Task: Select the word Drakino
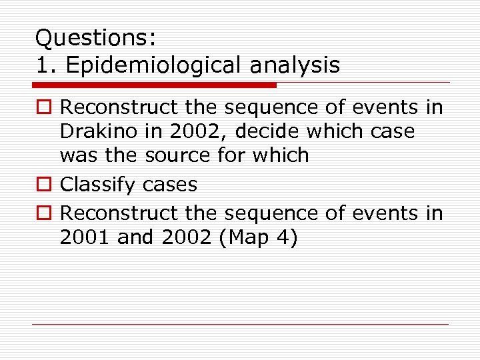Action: [99, 131]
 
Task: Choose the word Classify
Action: [102, 184]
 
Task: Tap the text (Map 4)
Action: [256, 237]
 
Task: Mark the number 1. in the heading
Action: [44, 65]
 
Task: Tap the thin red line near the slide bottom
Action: [240, 325]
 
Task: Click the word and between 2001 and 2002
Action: [135, 237]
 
